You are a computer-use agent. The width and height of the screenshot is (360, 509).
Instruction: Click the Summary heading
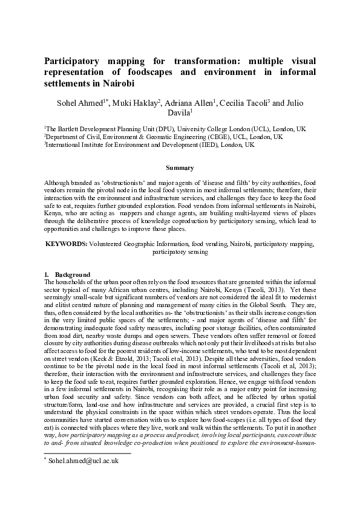[180, 168]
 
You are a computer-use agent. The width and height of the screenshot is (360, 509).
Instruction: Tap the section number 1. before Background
[47, 275]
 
